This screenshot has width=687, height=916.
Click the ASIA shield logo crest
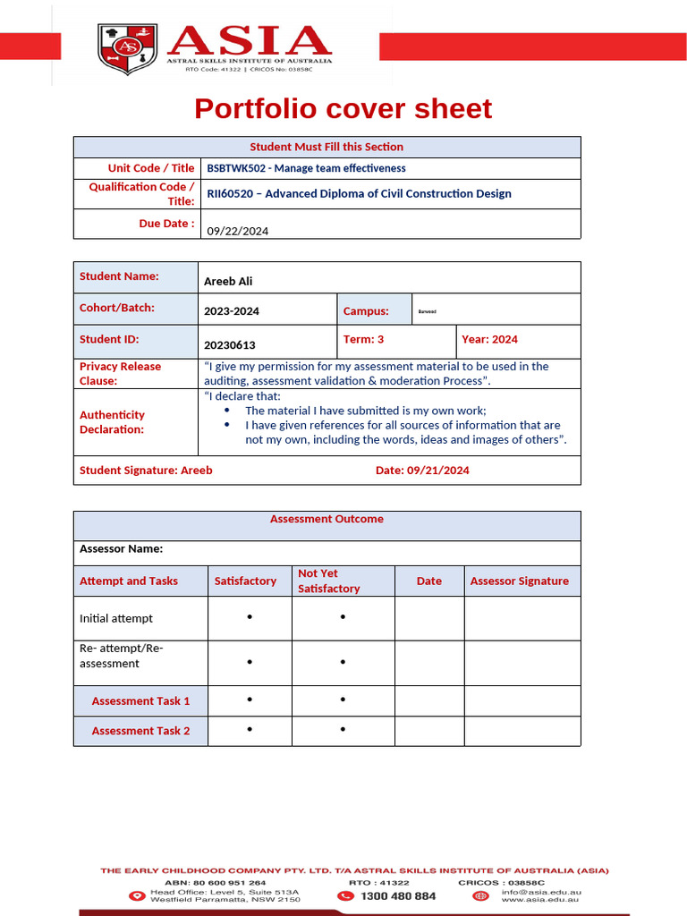[127, 49]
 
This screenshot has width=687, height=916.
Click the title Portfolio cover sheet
[343, 108]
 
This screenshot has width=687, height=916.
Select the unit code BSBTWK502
[238, 168]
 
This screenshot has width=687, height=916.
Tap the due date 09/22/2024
[238, 231]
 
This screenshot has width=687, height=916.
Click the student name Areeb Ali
[228, 281]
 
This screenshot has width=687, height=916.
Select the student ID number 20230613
[229, 344]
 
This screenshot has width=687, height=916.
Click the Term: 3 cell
[363, 339]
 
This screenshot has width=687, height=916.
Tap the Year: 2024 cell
[489, 339]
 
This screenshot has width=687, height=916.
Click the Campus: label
[365, 311]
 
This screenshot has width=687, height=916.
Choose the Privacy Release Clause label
[120, 373]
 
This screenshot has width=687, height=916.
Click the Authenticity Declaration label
[112, 421]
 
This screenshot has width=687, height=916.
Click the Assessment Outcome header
[327, 519]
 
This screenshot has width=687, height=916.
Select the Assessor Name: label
[121, 548]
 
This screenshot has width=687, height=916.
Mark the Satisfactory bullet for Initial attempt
[250, 617]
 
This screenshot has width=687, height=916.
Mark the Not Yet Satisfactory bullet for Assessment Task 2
[343, 730]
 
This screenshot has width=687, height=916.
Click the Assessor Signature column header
[519, 581]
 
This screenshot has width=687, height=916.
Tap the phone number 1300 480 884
[398, 895]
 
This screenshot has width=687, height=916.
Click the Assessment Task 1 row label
[140, 700]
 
